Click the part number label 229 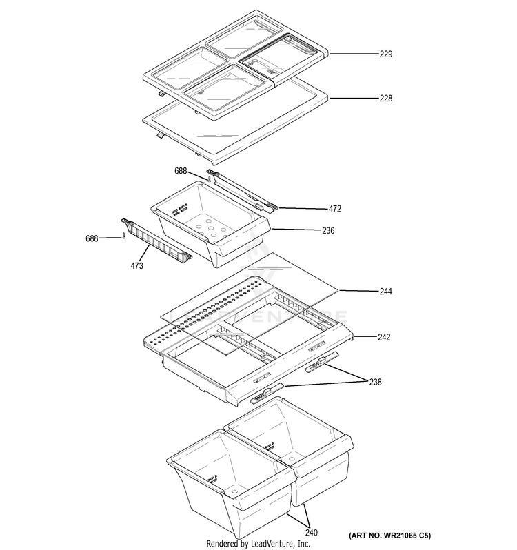(x=385, y=53)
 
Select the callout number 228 (x=385, y=99)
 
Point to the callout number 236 (x=328, y=231)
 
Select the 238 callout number (x=375, y=382)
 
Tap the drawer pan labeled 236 (x=210, y=232)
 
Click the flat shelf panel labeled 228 (x=234, y=131)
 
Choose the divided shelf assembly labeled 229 (x=234, y=62)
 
